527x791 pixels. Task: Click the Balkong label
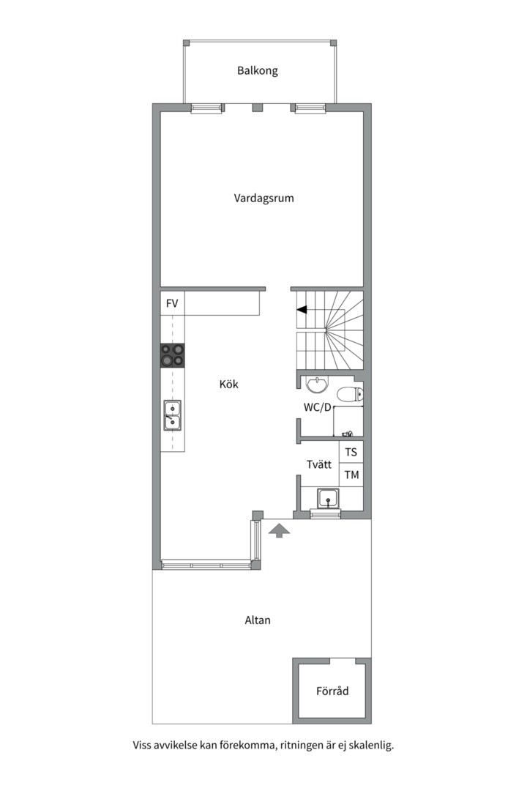point(257,70)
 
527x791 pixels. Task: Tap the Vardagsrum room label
point(263,198)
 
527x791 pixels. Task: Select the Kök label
point(228,384)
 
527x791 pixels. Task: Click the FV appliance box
point(173,304)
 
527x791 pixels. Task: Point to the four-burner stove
point(173,355)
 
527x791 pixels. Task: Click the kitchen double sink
point(172,416)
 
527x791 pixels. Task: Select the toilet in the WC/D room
point(349,394)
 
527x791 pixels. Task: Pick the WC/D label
point(317,408)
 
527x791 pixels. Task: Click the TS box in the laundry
point(351,452)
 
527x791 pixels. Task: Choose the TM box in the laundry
point(351,475)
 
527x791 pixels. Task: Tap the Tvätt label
point(318,464)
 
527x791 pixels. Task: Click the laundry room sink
point(329,499)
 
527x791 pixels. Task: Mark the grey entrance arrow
point(279,530)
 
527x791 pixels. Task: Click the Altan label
point(258,620)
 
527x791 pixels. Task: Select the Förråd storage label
point(332,691)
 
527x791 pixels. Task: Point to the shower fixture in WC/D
point(348,434)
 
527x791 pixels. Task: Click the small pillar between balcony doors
point(257,108)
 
